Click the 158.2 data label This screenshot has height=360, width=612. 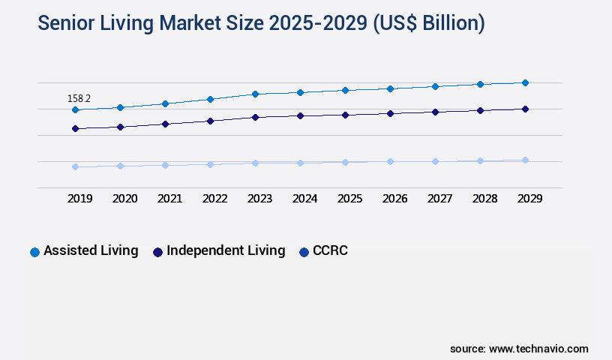click(79, 98)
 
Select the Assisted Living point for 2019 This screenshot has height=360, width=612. click(75, 110)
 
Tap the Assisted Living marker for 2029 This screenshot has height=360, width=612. click(525, 82)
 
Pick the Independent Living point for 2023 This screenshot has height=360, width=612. click(255, 117)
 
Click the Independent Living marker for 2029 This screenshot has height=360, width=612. click(525, 109)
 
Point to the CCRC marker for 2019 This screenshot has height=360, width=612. click(75, 166)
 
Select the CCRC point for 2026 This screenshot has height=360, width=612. click(390, 161)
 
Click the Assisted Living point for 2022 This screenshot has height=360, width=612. click(210, 99)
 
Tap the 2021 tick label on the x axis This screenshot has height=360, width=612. click(169, 199)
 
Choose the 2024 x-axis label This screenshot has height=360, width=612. click(304, 199)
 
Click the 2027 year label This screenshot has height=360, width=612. click(439, 199)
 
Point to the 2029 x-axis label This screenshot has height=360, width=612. click(529, 199)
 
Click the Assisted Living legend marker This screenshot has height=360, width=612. click(34, 252)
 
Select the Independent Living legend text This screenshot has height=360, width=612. click(226, 250)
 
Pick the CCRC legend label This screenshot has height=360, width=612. click(331, 250)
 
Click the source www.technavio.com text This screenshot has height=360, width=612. click(519, 349)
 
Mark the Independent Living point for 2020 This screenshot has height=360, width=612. click(120, 127)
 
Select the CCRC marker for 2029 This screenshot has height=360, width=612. click(525, 160)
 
